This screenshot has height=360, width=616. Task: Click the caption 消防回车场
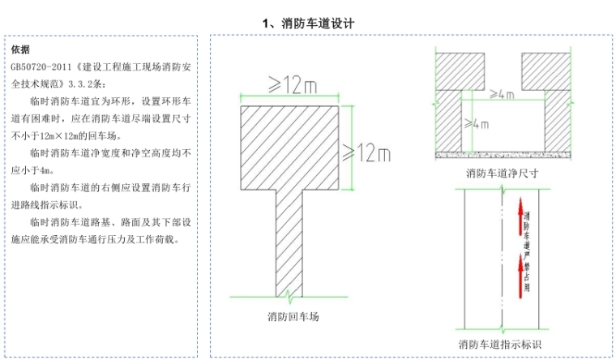(x=293, y=317)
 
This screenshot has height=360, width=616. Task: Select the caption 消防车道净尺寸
(x=503, y=173)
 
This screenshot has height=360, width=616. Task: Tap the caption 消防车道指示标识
(x=503, y=344)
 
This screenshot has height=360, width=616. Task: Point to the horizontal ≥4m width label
(x=503, y=95)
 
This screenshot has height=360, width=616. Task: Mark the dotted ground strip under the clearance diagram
(x=503, y=154)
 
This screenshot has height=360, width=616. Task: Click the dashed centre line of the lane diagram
(x=503, y=259)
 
